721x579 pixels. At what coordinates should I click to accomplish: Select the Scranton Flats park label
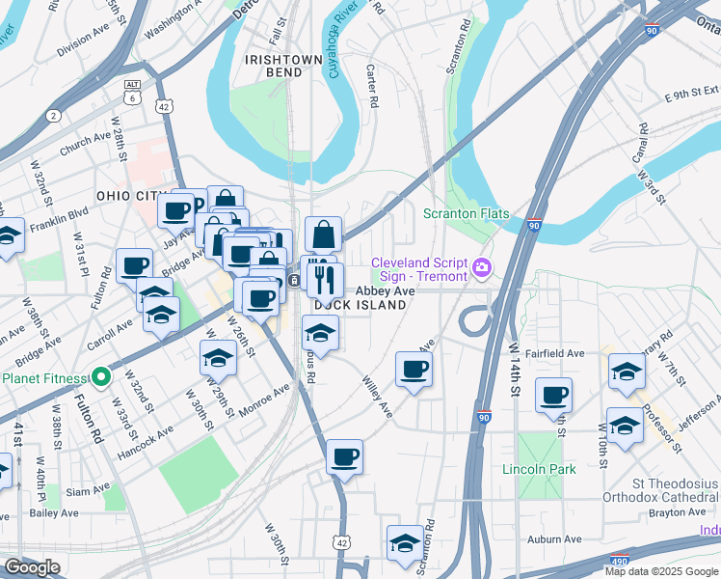[467, 213]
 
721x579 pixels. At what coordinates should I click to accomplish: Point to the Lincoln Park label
[539, 470]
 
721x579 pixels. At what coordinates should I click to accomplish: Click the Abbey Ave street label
[386, 289]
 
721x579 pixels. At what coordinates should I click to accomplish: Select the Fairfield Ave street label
[561, 354]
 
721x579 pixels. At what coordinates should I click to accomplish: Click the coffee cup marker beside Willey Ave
[414, 370]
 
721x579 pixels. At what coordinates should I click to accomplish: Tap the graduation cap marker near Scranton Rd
[405, 542]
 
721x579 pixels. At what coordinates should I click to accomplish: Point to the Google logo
[32, 567]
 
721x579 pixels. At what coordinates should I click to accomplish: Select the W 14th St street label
[514, 370]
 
